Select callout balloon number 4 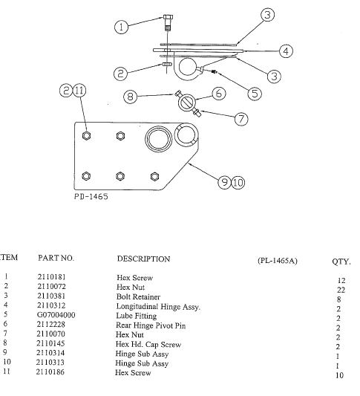(x=285, y=51)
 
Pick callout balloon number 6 (x=218, y=93)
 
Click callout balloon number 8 (x=131, y=96)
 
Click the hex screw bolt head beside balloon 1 (x=166, y=19)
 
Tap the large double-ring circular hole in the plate (x=159, y=138)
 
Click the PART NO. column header (x=56, y=259)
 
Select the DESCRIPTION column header (x=143, y=259)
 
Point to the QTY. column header (x=341, y=262)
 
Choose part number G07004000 (x=56, y=315)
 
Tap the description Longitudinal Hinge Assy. (x=159, y=305)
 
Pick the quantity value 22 (x=341, y=290)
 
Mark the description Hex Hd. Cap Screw (x=148, y=344)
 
